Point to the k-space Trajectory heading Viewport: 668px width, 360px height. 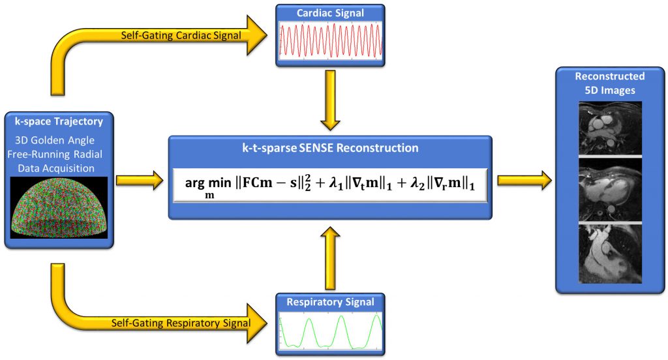tap(59, 121)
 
